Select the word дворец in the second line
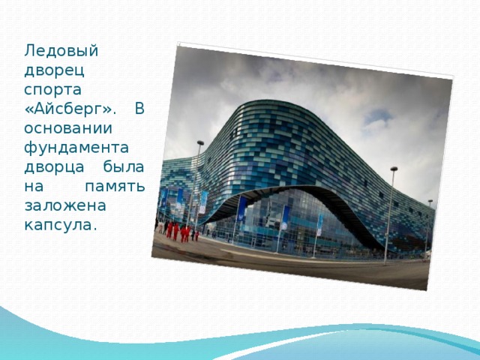(x=54, y=70)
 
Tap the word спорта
(x=52, y=90)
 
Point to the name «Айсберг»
(x=70, y=109)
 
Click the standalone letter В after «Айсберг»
(x=139, y=109)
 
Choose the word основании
(x=68, y=128)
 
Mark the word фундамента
(x=76, y=148)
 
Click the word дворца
(x=54, y=167)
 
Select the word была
(x=124, y=166)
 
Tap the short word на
(x=34, y=187)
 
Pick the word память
(x=115, y=187)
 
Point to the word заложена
(x=65, y=205)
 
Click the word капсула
(x=60, y=226)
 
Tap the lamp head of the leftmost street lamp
(x=200, y=142)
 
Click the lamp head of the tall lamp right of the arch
(x=394, y=169)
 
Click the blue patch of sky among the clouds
(x=378, y=116)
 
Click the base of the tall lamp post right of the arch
(x=385, y=262)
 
